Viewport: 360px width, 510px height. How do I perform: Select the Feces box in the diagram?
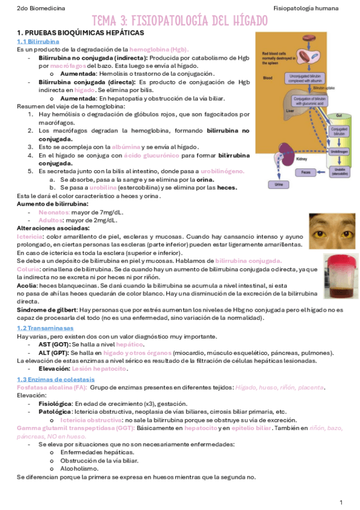click(x=306, y=172)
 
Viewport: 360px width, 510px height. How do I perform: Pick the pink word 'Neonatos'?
click(x=53, y=212)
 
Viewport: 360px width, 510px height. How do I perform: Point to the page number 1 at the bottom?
click(x=341, y=502)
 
